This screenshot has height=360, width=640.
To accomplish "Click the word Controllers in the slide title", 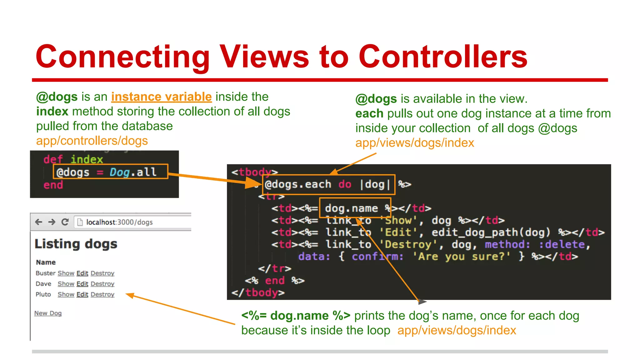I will point(443,57).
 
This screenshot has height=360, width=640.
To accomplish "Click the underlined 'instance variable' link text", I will point(161,97).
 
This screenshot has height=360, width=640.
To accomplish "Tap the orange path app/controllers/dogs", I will point(92,141).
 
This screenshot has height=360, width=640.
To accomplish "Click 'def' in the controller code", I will point(53,159).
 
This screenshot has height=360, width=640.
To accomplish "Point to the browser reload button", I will point(65,222).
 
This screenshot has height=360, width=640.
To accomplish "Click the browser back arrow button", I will point(39,222).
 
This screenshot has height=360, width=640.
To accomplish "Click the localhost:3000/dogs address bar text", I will point(119,222).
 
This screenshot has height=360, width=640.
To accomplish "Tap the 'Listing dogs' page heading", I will point(76,244).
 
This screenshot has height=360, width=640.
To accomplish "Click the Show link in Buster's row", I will point(66,273).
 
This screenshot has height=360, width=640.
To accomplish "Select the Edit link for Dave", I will point(82,284).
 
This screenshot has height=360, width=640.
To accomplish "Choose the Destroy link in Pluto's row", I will point(102,294).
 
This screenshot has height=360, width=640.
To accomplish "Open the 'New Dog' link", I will point(48,313).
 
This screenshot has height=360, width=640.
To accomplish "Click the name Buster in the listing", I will point(45,273).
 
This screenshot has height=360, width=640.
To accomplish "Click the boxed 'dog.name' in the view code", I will point(351,208).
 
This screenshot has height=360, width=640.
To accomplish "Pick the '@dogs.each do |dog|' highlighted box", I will point(329,184).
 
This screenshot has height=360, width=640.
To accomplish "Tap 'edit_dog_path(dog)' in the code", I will point(491,232).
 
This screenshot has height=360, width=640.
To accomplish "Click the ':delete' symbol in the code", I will point(562,244).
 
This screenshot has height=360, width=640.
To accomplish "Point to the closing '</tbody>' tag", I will point(258,293).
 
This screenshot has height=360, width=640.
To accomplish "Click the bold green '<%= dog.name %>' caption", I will point(296,316).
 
